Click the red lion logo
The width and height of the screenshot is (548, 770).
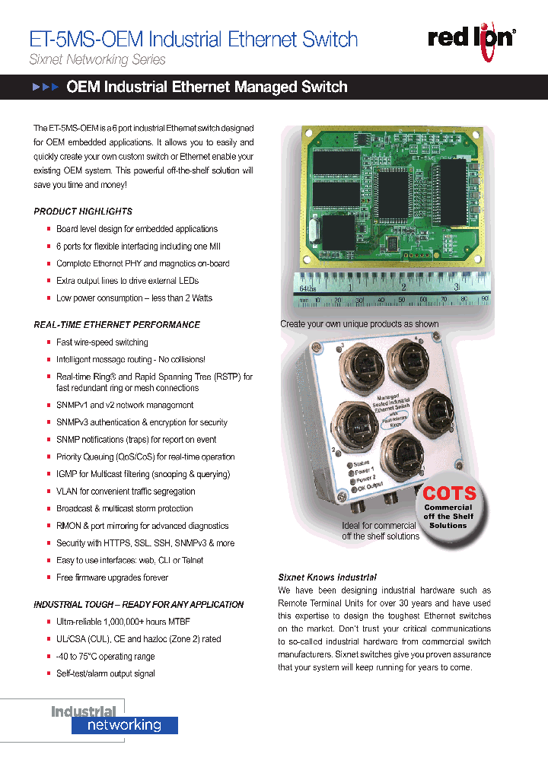pyautogui.click(x=471, y=38)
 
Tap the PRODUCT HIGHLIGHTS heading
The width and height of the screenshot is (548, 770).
pyautogui.click(x=83, y=212)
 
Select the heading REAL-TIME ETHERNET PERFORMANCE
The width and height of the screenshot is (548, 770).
pyautogui.click(x=117, y=325)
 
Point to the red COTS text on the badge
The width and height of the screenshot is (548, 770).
pyautogui.click(x=449, y=493)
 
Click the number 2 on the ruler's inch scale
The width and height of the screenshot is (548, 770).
pyautogui.click(x=403, y=288)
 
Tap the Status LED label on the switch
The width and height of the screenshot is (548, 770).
pyautogui.click(x=362, y=463)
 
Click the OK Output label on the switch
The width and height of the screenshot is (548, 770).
pyautogui.click(x=371, y=487)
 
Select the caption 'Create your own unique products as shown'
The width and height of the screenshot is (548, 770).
pyautogui.click(x=359, y=324)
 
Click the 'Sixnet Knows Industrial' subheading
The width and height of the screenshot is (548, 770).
pyautogui.click(x=327, y=577)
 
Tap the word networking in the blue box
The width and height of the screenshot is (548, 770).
pyautogui.click(x=125, y=725)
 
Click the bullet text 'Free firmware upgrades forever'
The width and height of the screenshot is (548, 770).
pyautogui.click(x=112, y=577)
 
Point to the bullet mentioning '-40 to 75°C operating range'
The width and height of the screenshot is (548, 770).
pyautogui.click(x=105, y=657)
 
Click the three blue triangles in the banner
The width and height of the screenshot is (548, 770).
pyautogui.click(x=46, y=87)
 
